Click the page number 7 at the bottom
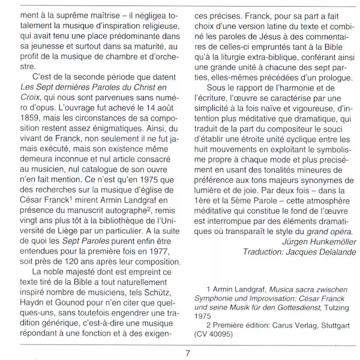[188, 352]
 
